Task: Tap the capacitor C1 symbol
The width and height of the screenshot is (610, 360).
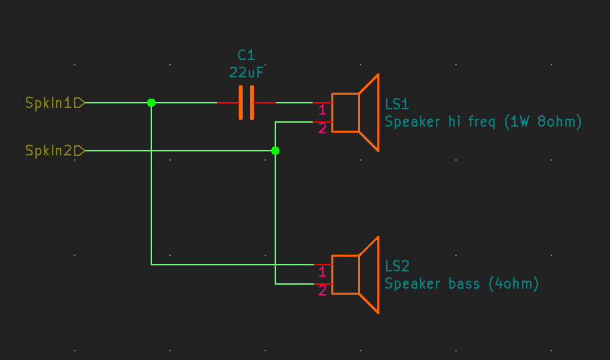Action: pyautogui.click(x=246, y=103)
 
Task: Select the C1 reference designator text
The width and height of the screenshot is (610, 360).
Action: pyautogui.click(x=246, y=55)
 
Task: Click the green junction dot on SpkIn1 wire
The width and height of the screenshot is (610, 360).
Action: pyautogui.click(x=151, y=103)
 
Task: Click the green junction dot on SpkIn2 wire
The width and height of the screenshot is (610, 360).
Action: pyautogui.click(x=275, y=151)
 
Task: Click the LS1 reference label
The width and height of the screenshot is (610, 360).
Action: pyautogui.click(x=397, y=104)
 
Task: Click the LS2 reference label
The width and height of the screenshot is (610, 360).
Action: pyautogui.click(x=397, y=266)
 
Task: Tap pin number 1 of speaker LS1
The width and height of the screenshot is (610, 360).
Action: pyautogui.click(x=322, y=110)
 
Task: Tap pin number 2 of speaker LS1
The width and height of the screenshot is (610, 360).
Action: pyautogui.click(x=322, y=129)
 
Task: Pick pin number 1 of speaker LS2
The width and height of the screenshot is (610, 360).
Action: pyautogui.click(x=322, y=272)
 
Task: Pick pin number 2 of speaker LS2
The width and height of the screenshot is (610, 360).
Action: pyautogui.click(x=322, y=291)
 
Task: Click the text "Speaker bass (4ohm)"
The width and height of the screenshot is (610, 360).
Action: pyautogui.click(x=461, y=284)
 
